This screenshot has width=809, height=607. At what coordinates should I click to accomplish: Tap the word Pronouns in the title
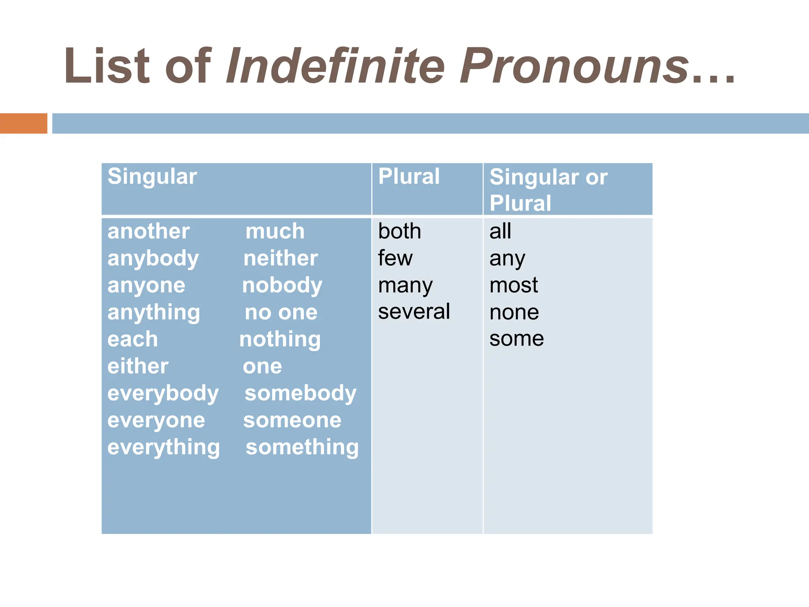tap(575, 66)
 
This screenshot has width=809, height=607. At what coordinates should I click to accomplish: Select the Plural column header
tap(409, 176)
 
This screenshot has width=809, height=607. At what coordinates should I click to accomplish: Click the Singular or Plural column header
tap(548, 190)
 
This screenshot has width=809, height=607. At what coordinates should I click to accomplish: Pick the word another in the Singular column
tap(149, 231)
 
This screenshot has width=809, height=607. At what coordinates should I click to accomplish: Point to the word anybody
tap(153, 259)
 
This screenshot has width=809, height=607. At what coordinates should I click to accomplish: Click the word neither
tap(280, 258)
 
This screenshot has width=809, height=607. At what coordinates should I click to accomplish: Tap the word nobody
tap(282, 285)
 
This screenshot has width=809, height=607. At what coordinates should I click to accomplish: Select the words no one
tap(281, 313)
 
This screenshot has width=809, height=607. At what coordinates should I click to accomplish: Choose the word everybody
tap(163, 394)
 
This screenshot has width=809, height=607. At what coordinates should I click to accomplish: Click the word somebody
tap(301, 394)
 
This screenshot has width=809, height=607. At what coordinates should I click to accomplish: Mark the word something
tap(302, 447)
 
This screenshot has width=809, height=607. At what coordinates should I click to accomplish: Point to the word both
tap(399, 231)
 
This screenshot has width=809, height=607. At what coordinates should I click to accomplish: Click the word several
tap(414, 312)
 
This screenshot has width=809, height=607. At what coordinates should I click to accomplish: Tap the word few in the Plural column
tap(395, 258)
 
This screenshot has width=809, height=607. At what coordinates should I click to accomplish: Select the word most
tap(514, 285)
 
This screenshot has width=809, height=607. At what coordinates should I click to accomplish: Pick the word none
tap(514, 313)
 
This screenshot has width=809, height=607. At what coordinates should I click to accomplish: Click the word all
tap(500, 231)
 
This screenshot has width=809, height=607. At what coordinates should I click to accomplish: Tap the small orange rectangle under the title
tap(24, 123)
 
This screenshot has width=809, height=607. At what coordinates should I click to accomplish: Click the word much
tap(275, 231)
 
